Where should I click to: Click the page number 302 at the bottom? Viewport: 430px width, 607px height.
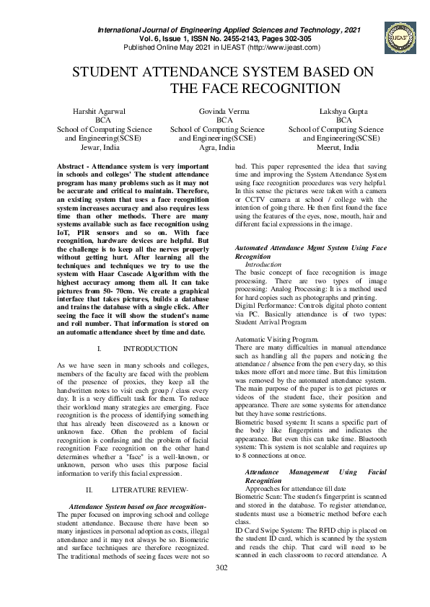(x=221, y=588)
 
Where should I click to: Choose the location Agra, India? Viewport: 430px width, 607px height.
(x=217, y=146)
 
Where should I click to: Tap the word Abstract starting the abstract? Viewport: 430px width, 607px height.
(x=72, y=166)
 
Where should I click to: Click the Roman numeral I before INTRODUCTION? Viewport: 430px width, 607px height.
(x=98, y=349)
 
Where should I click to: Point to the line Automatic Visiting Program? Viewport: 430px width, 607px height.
(x=276, y=338)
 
